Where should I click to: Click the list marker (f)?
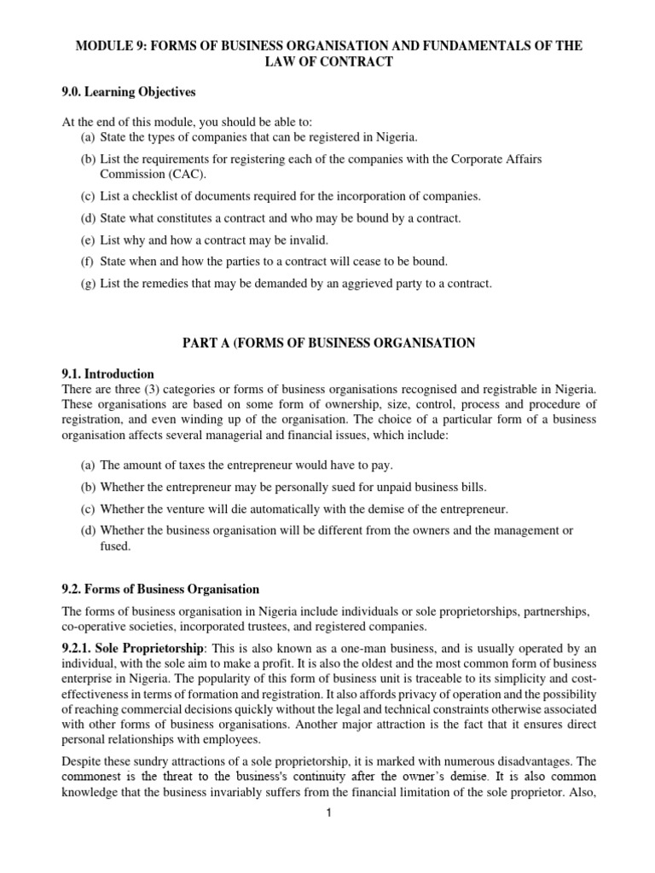pos(88,262)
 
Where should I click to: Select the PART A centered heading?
pos(327,342)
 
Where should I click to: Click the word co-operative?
pos(95,627)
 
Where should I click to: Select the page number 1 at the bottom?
pos(327,812)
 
